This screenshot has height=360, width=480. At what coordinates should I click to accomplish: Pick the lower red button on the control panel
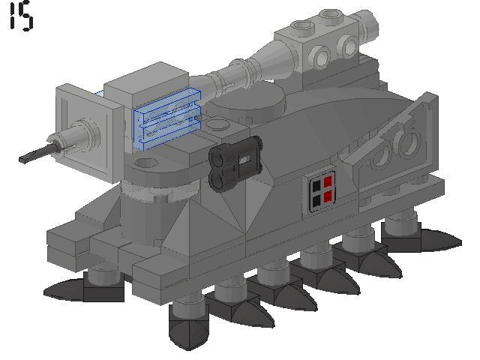pyautogui.click(x=327, y=198)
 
